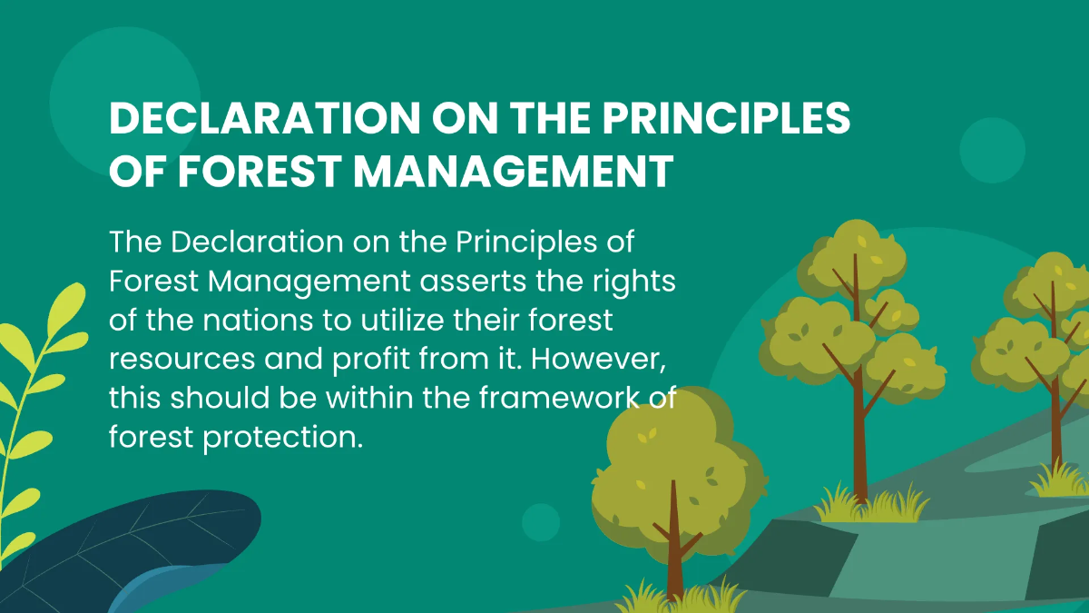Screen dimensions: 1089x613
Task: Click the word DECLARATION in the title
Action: tap(265, 118)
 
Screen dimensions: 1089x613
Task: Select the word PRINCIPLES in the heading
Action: tap(726, 118)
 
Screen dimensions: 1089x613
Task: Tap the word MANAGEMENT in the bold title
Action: tap(514, 171)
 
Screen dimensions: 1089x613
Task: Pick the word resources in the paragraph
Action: tap(182, 360)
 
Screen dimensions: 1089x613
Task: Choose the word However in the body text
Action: tap(598, 359)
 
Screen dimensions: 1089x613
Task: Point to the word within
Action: tap(369, 397)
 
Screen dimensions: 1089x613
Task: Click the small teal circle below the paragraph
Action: tap(541, 522)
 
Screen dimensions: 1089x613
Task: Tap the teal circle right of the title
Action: tap(992, 151)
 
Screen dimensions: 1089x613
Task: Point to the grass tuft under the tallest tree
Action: tap(871, 504)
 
